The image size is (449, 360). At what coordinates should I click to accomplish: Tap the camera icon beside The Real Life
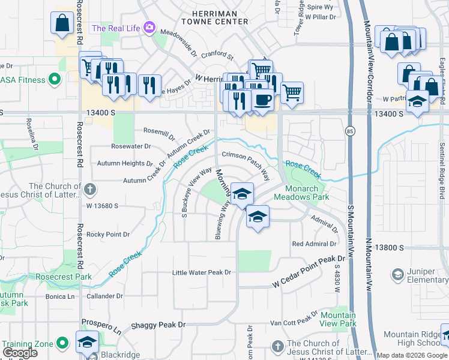[x=149, y=28]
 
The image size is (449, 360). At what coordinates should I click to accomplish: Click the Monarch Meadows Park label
[x=301, y=192]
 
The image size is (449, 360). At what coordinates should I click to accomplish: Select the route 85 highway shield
[x=350, y=130]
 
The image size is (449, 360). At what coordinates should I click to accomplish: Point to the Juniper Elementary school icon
[x=397, y=275]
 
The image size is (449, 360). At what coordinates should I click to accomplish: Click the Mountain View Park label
[x=338, y=319]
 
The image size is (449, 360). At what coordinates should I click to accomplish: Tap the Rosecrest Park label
[x=72, y=277]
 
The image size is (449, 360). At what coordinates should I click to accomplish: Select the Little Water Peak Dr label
[x=202, y=272]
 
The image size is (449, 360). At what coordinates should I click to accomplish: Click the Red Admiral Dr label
[x=314, y=244]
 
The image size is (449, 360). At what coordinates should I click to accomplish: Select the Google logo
[x=20, y=353]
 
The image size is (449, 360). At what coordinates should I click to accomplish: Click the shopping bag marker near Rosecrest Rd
[x=62, y=23]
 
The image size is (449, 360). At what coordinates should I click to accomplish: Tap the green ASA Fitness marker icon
[x=54, y=79]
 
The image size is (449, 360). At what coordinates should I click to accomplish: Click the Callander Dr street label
[x=104, y=296]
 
